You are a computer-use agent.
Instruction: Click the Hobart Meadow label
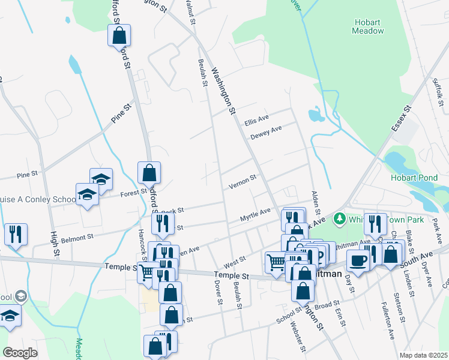(368, 26)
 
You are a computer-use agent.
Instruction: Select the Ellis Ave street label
(256, 121)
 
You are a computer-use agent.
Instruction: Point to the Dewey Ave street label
(267, 132)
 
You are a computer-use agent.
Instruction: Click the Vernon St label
(243, 181)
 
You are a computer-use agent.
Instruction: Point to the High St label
(54, 244)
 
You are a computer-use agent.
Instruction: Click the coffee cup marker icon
(358, 261)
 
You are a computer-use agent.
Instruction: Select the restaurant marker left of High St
(15, 233)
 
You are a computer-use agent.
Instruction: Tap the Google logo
(20, 352)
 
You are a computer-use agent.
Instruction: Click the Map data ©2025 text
(423, 355)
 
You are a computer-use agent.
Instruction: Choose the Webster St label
(295, 337)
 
